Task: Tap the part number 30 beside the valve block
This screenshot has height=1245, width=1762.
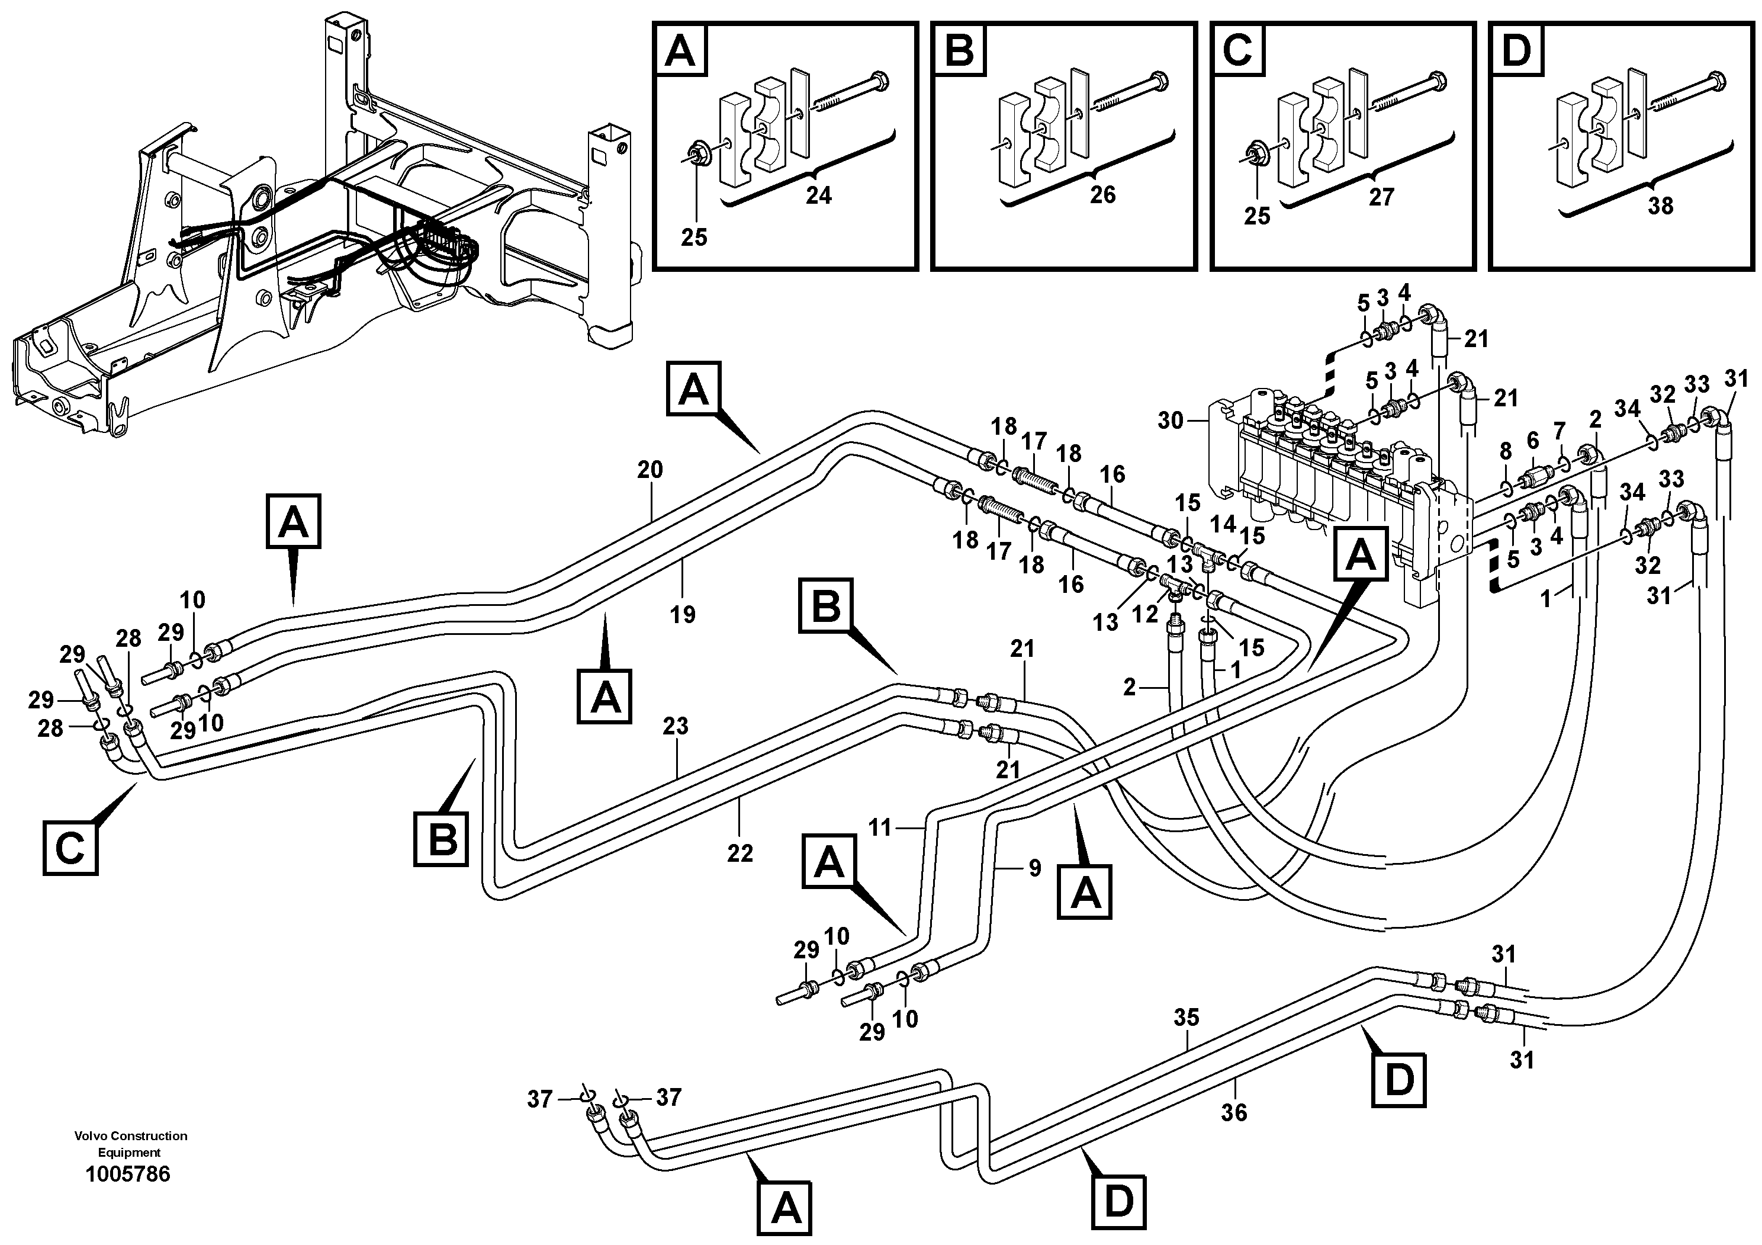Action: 1171,421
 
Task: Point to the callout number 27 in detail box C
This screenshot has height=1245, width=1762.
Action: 1381,197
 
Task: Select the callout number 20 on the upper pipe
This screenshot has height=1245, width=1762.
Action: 650,470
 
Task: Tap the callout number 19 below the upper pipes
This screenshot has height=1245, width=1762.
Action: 681,614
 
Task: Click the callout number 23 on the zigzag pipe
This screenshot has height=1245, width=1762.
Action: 676,726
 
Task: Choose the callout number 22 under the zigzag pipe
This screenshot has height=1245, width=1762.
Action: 740,853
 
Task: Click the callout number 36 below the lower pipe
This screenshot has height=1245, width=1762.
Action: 1233,1112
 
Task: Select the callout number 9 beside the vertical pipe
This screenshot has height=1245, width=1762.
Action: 1034,868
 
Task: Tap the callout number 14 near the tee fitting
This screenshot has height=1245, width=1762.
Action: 1223,524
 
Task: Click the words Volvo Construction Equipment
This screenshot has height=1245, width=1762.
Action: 130,1144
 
